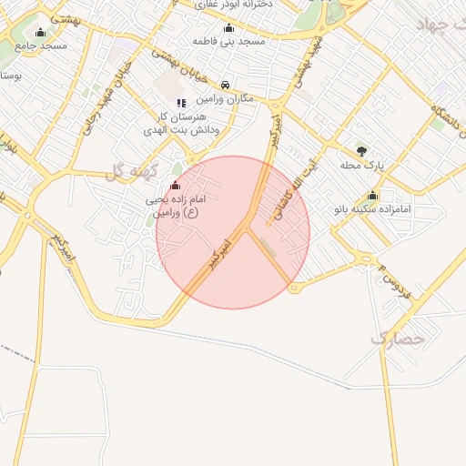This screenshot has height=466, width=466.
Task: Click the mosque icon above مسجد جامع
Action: point(38,32)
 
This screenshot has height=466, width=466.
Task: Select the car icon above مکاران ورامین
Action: point(226,86)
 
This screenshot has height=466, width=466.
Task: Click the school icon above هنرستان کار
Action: point(180,103)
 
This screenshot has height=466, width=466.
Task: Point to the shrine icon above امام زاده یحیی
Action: point(175,186)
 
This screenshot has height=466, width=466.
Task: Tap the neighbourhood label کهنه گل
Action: point(133,170)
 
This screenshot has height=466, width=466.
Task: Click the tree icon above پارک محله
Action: point(362,151)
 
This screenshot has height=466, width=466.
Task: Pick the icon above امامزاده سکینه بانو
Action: point(372,196)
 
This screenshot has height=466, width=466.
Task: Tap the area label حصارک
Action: point(398,339)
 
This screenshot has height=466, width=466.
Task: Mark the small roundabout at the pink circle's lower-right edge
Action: point(292,288)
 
